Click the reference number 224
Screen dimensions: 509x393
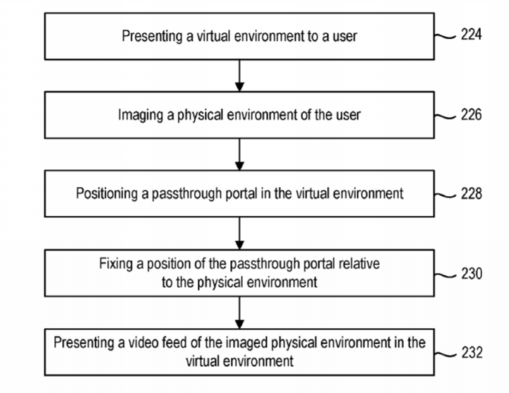click(472, 35)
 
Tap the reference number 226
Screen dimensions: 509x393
click(472, 114)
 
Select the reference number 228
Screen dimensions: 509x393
click(472, 193)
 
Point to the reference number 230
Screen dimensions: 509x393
click(472, 274)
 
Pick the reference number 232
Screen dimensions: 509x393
click(472, 353)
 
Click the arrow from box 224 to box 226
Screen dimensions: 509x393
click(239, 75)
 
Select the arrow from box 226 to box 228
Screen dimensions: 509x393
click(239, 155)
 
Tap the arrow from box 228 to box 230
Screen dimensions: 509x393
click(239, 234)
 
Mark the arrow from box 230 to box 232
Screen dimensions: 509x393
click(239, 313)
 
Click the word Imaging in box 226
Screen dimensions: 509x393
click(140, 116)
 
